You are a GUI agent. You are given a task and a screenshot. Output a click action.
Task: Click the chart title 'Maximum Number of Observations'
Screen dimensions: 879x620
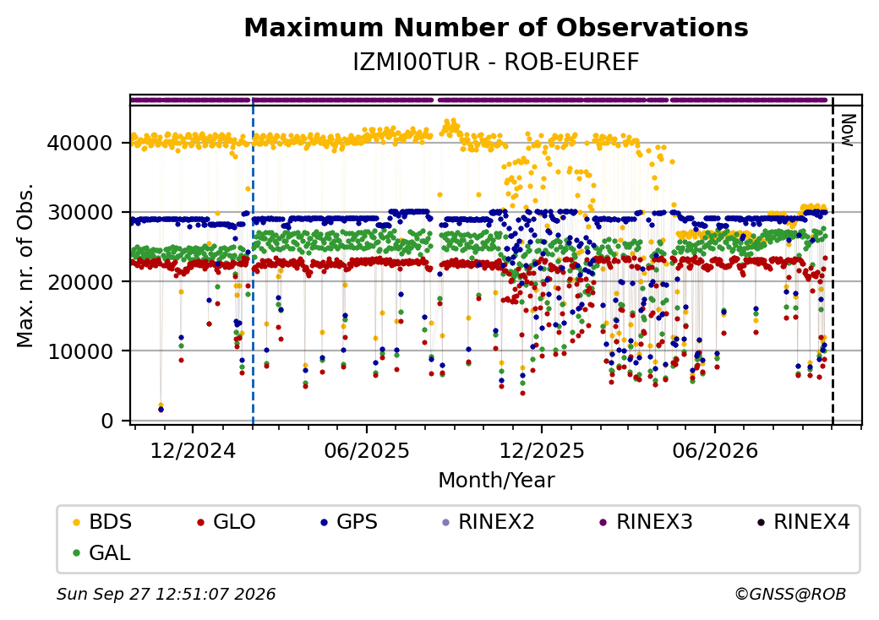[x=496, y=27]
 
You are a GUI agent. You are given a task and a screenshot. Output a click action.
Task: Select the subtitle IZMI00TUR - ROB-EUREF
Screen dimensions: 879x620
[x=496, y=63]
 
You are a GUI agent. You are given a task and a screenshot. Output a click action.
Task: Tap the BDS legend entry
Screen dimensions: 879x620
[x=102, y=522]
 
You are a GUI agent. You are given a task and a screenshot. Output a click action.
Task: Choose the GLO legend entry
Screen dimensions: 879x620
[x=227, y=522]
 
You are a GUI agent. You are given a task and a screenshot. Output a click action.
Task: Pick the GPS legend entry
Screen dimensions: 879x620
[x=349, y=522]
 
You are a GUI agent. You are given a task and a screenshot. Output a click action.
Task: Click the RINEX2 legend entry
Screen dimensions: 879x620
[x=489, y=522]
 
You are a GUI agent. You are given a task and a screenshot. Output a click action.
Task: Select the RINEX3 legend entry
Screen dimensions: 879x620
[x=647, y=522]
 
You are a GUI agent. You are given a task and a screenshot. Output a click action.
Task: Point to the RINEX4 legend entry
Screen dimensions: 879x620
[x=804, y=522]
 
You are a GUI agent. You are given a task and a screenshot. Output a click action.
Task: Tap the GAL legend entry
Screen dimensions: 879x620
[x=102, y=552]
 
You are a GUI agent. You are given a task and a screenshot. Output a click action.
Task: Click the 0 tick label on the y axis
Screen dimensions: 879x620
[x=107, y=421]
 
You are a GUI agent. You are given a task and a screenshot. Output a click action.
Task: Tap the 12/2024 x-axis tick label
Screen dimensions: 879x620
[x=193, y=451]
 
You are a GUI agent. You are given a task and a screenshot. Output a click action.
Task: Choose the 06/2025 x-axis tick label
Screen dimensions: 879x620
[x=367, y=451]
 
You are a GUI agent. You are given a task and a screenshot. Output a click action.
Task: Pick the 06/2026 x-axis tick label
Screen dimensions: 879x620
[x=715, y=451]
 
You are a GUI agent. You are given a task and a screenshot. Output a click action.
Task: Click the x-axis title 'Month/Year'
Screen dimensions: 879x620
[x=496, y=481]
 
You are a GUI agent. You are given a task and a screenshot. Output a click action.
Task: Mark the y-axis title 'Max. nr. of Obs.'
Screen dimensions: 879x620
[x=25, y=265]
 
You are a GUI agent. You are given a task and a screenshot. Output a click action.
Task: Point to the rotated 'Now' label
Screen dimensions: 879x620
[x=848, y=130]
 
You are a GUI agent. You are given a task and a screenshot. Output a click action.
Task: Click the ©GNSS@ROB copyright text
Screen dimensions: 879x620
[x=790, y=594]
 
